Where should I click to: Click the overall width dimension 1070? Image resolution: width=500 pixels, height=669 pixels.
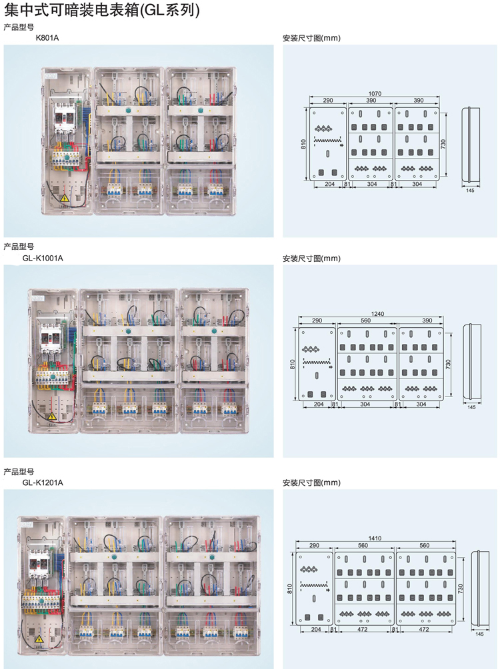click(x=375, y=94)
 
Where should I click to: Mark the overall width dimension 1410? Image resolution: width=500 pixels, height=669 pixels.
click(x=376, y=538)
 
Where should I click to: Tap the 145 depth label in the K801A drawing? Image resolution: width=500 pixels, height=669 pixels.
click(x=470, y=191)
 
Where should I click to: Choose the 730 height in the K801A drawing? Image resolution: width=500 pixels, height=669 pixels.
click(x=444, y=143)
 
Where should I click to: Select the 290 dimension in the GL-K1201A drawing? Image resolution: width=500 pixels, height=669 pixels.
click(x=313, y=545)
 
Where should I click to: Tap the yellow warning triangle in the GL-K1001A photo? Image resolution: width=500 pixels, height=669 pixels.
click(x=52, y=416)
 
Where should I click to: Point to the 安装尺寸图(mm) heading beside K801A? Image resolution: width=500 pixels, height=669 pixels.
click(x=311, y=38)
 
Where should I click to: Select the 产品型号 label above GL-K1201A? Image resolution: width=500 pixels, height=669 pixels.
click(x=18, y=471)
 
